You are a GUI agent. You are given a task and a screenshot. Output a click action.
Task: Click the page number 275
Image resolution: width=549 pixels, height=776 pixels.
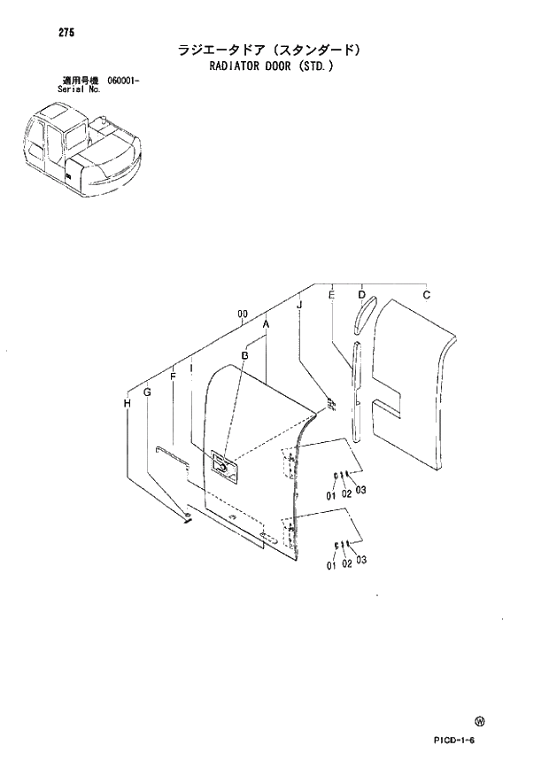(43, 33)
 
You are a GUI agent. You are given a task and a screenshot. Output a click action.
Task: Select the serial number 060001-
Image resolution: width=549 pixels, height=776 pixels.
(124, 81)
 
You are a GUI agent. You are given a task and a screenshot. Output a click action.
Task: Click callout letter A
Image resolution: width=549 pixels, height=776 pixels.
(266, 325)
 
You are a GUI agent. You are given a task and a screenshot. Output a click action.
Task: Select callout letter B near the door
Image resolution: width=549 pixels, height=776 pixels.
(244, 355)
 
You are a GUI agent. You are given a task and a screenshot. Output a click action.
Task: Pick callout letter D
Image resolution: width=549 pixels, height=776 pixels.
(361, 294)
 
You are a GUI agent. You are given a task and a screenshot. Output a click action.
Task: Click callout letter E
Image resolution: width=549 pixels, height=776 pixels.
(331, 294)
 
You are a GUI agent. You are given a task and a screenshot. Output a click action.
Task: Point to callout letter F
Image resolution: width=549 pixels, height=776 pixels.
(173, 376)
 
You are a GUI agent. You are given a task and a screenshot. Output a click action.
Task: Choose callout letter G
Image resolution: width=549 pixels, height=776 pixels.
(148, 391)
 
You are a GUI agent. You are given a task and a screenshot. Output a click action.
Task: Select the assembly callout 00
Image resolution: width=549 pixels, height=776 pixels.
(241, 314)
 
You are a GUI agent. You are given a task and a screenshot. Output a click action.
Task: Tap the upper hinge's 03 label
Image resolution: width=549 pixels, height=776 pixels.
(361, 491)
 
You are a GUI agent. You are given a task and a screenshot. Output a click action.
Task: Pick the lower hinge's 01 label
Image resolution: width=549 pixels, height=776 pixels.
(330, 564)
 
